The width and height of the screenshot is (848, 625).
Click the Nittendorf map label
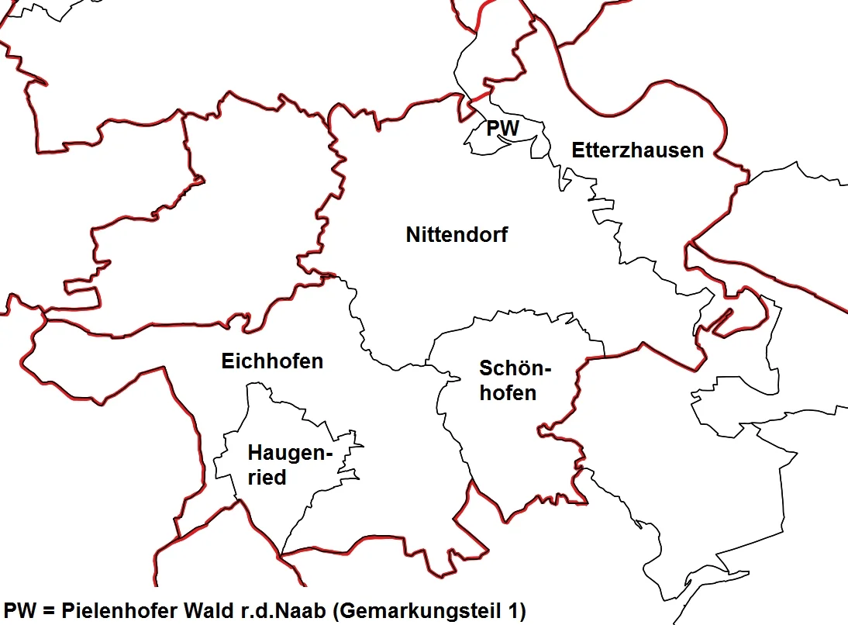point(457,234)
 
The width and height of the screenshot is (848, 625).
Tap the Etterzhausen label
point(637,150)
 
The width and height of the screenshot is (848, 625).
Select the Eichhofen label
point(272,361)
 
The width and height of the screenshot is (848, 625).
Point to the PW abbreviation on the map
point(502,128)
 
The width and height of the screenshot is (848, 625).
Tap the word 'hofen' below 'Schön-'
point(508,393)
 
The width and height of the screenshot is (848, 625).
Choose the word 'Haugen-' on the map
point(290,453)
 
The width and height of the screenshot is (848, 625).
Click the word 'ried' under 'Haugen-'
point(267,478)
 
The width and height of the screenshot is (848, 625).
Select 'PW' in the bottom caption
point(19,611)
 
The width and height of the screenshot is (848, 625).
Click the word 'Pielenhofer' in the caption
point(121,611)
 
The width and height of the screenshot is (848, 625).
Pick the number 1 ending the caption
point(518,611)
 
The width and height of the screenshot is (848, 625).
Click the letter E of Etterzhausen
point(578,150)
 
